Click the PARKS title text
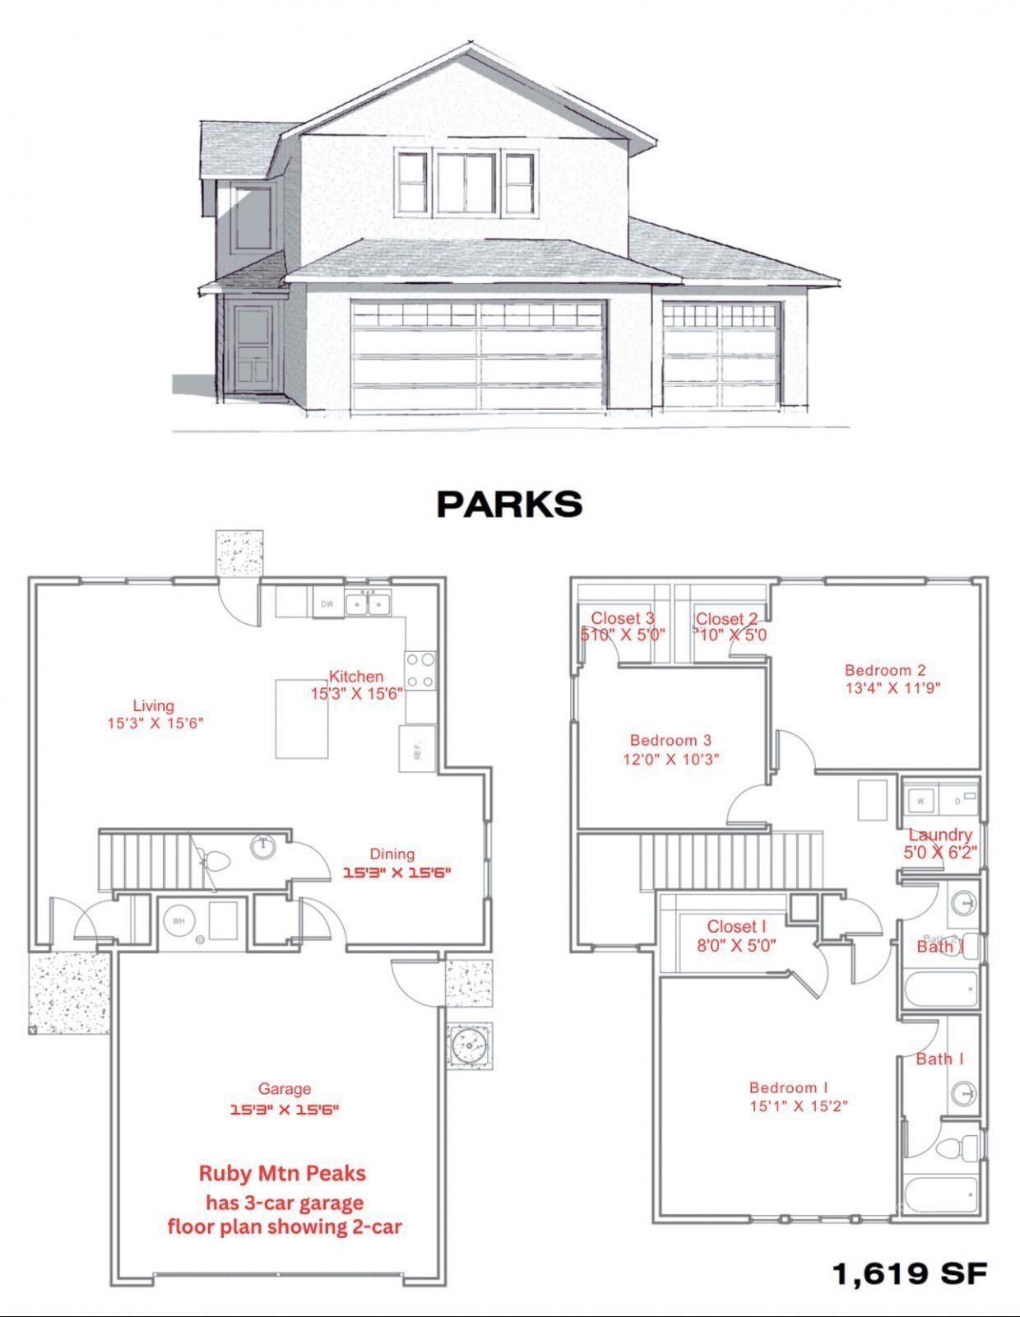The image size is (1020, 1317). click(509, 504)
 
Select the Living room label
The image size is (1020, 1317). click(154, 705)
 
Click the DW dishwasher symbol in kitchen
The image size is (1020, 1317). click(327, 604)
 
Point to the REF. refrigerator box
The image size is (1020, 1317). click(417, 749)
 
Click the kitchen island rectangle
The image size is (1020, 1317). click(301, 719)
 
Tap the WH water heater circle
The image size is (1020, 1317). click(178, 922)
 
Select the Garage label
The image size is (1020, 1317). click(285, 1089)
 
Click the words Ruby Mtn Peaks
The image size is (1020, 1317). click(282, 1173)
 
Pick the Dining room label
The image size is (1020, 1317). click(392, 854)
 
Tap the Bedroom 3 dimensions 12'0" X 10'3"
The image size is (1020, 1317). click(671, 759)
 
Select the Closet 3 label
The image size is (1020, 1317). click(623, 618)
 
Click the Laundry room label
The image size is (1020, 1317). click(939, 835)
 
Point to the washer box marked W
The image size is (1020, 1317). click(920, 800)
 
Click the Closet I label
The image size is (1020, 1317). click(736, 927)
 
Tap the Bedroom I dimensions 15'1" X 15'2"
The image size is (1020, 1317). click(799, 1106)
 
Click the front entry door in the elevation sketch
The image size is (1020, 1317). click(252, 349)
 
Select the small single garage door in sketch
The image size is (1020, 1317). click(721, 356)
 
